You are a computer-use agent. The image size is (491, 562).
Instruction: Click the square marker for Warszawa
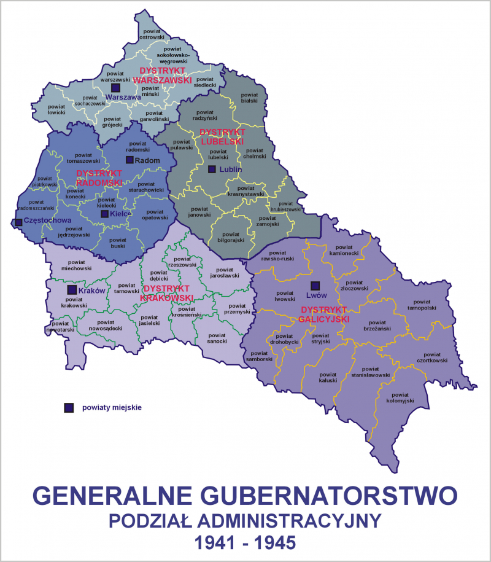point(114,89)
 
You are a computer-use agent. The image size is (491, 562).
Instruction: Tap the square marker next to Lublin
point(212,170)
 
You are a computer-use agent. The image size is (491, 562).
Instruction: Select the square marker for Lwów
point(315,286)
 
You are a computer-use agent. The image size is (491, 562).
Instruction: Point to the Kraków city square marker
point(72,289)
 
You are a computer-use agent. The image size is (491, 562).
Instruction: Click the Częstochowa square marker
point(19,222)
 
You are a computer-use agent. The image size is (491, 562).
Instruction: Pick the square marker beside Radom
point(130,160)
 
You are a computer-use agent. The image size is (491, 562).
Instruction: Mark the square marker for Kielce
point(105,214)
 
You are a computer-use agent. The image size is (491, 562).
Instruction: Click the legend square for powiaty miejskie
point(69,407)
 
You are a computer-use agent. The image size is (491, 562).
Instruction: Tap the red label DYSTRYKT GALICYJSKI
point(324,314)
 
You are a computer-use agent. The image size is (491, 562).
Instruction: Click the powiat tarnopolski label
point(422,305)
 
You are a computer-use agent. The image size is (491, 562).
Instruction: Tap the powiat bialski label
point(249,98)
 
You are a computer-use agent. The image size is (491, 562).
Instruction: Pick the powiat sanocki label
point(217,337)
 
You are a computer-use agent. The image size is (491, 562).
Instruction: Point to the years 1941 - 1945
point(245,542)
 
